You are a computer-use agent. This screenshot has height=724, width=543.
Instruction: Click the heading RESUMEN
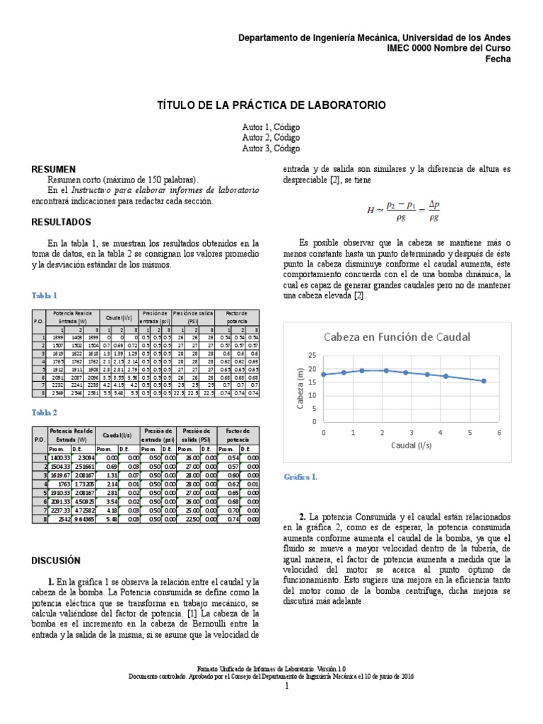click(53, 170)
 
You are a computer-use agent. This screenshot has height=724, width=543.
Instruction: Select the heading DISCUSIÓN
click(57, 561)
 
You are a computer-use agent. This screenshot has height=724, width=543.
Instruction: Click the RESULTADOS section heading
click(62, 222)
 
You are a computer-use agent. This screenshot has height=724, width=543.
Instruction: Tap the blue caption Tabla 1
click(45, 296)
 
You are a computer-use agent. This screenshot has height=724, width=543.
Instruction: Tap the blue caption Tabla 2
click(45, 412)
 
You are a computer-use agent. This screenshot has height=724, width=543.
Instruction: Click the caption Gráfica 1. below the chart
click(300, 477)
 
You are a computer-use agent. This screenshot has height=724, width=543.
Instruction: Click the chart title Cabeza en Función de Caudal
click(397, 338)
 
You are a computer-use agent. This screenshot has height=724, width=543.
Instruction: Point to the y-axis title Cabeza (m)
click(300, 388)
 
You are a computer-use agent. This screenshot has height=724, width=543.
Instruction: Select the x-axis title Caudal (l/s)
click(411, 445)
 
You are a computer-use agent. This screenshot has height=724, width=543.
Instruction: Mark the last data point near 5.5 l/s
click(484, 381)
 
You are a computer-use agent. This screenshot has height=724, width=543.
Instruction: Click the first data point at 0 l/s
click(323, 375)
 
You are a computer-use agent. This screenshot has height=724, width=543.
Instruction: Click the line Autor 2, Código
click(271, 137)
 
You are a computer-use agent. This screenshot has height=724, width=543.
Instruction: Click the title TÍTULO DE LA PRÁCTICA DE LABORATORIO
click(271, 105)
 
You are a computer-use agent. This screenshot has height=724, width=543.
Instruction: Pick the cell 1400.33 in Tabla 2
click(62, 457)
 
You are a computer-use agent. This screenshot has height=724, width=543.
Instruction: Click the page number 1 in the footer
click(287, 687)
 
